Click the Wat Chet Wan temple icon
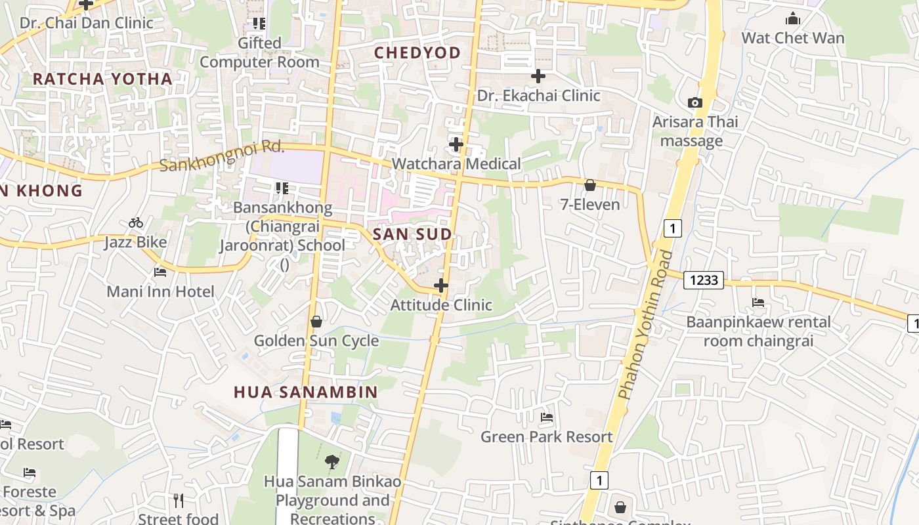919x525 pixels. (x=792, y=18)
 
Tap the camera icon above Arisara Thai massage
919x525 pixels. (x=695, y=102)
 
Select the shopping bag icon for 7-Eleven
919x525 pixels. (x=589, y=185)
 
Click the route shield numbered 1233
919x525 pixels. (x=703, y=280)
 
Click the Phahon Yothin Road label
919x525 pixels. (x=645, y=325)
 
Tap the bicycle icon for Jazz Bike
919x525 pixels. (x=136, y=222)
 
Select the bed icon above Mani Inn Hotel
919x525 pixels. (x=160, y=272)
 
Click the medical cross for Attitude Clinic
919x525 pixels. (x=441, y=285)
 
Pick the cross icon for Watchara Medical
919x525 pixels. (x=456, y=144)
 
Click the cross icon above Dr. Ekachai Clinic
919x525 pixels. (x=538, y=76)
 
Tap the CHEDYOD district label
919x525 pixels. (x=417, y=52)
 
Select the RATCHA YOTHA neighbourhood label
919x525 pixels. (x=102, y=79)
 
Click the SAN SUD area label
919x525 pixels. (x=412, y=234)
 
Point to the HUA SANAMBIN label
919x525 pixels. (x=306, y=392)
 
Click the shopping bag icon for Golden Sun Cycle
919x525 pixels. (x=316, y=322)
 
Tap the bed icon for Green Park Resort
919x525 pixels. (x=546, y=417)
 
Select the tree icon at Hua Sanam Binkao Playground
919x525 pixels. (x=331, y=461)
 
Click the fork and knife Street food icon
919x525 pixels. (x=178, y=501)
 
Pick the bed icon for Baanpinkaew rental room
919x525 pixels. (x=758, y=303)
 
